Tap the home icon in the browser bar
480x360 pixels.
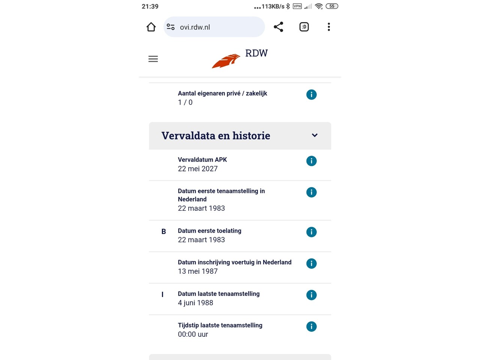pos(151,27)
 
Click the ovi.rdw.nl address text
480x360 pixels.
pos(195,27)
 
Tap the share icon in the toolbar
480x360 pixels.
pos(278,27)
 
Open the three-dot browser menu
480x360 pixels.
pos(329,27)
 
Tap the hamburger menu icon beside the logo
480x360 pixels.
pos(153,59)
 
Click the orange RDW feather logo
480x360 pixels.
pos(226,61)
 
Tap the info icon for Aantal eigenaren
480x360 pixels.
pos(311,94)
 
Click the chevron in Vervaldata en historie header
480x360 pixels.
pos(315,135)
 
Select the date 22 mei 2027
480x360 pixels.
pos(198,169)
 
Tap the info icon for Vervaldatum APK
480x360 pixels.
pos(311,161)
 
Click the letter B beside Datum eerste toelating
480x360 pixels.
pos(163,232)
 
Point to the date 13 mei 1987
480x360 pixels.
pos(198,271)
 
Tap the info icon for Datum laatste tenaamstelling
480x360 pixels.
pos(311,295)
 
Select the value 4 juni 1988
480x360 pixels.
pos(195,303)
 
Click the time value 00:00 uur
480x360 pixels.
pos(193,334)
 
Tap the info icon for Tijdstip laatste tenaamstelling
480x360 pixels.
pos(311,327)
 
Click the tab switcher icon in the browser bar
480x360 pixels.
pos(304,27)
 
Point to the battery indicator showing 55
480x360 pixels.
pos(332,6)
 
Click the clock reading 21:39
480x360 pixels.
pos(150,6)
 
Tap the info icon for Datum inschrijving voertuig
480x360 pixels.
pos(311,264)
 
